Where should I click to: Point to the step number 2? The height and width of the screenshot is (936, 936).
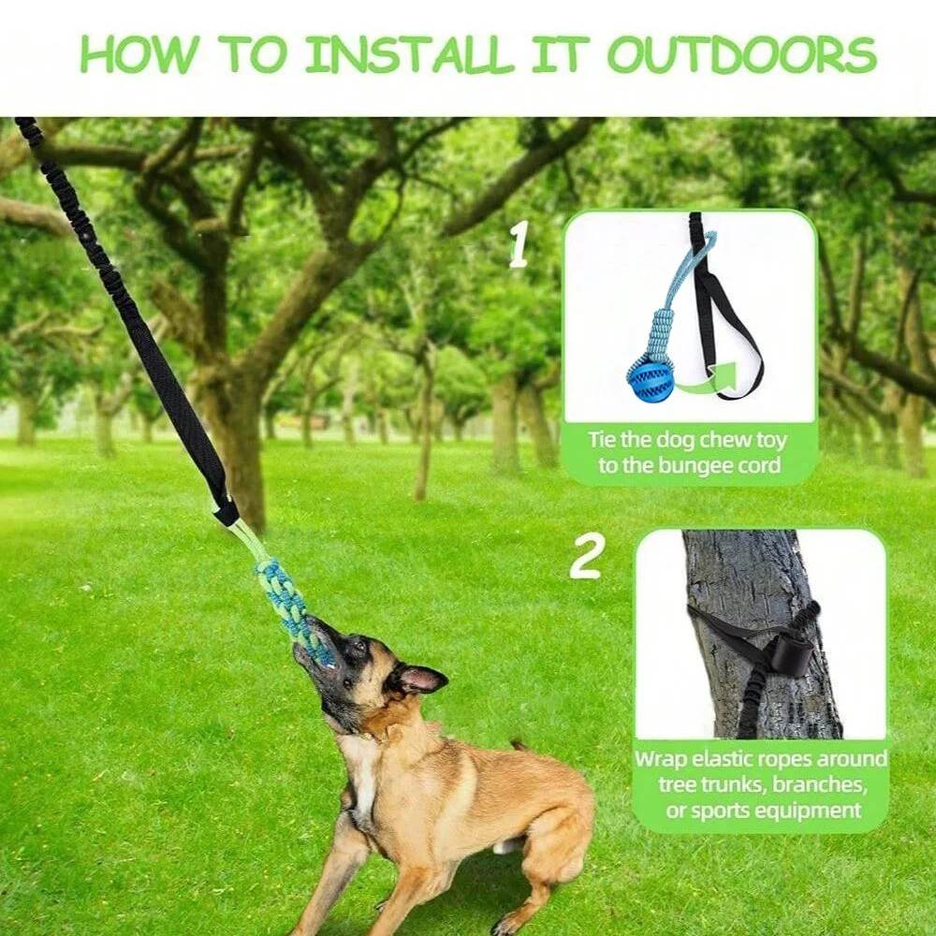pos(587,557)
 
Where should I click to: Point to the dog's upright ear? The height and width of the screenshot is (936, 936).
pos(419,679)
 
